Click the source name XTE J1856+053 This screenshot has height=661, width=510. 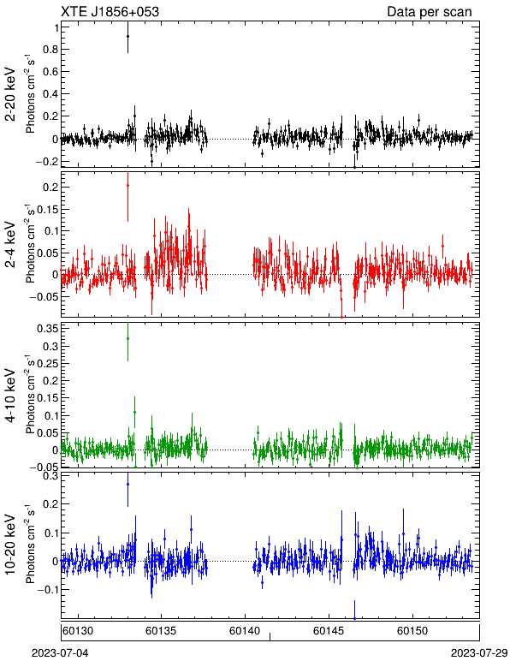point(110,12)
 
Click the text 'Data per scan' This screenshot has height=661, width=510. point(430,12)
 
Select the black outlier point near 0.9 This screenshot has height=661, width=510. point(127,37)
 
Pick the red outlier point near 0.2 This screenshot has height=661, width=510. point(127,185)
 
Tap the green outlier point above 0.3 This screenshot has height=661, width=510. point(127,338)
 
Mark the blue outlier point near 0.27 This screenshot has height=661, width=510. point(127,485)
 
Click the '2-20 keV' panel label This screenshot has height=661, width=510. point(11,94)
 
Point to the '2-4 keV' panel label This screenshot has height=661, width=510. point(11,245)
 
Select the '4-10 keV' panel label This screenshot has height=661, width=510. point(11,396)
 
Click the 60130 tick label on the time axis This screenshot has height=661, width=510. point(79,631)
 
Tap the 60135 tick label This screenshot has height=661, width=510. point(161,631)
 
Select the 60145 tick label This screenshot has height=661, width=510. point(329,631)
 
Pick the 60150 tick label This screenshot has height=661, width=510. point(412,631)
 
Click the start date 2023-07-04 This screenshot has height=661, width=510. point(60,653)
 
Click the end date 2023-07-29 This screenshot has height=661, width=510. point(479,653)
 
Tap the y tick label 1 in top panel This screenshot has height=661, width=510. point(56,27)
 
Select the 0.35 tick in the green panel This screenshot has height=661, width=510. point(48,329)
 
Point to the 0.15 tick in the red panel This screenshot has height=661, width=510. point(48,210)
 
